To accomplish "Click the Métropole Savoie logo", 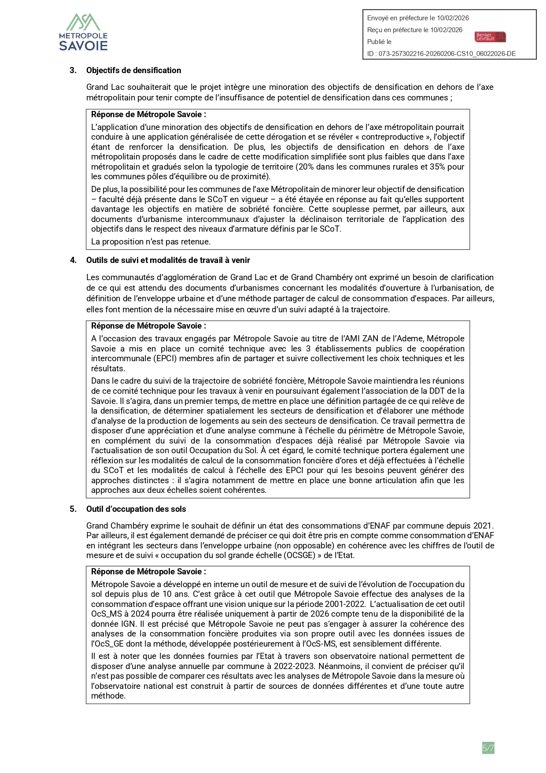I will (83, 32).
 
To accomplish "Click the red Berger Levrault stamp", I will (490, 37).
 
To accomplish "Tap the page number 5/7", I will (488, 748).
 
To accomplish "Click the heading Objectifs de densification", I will (133, 70).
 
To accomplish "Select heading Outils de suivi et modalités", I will (168, 260).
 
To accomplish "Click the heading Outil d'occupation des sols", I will (136, 509).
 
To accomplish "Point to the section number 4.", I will (73, 260).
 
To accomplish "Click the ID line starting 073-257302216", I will (441, 54).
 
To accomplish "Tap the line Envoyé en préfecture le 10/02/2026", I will (418, 18).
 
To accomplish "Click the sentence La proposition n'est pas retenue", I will (151, 242).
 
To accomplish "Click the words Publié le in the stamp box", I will (379, 42).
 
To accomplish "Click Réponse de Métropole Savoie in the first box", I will (148, 115).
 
